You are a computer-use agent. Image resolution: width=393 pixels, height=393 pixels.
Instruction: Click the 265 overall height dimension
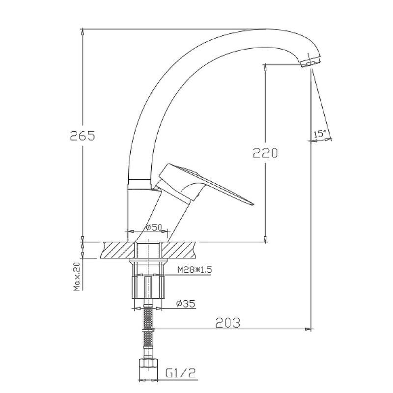pyautogui.click(x=83, y=136)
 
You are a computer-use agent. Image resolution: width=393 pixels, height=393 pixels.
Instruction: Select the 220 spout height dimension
pyautogui.click(x=265, y=153)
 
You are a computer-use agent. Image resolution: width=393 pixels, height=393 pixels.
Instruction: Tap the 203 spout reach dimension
pyautogui.click(x=228, y=323)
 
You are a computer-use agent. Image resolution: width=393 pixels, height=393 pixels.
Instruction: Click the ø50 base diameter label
pyautogui.click(x=154, y=227)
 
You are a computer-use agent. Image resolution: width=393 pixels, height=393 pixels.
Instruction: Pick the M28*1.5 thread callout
pyautogui.click(x=195, y=270)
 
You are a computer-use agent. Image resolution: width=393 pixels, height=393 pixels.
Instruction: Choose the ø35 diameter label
pyautogui.click(x=186, y=304)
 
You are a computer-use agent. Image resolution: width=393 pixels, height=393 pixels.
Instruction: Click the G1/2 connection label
pyautogui.click(x=180, y=373)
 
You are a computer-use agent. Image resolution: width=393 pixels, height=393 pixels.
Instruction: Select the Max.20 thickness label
pyautogui.click(x=77, y=277)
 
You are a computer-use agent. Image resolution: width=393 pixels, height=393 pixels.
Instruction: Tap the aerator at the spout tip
pyautogui.click(x=311, y=62)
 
